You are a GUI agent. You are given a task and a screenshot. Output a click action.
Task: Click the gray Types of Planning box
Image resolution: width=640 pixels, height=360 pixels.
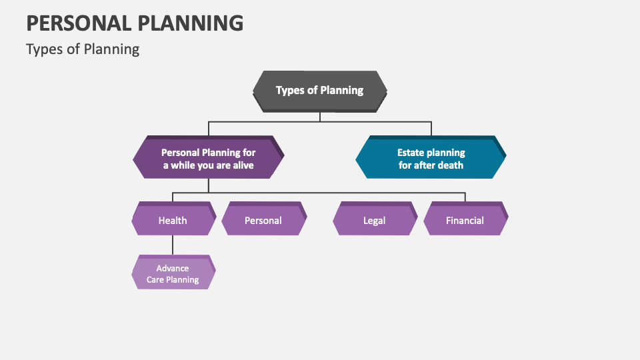tap(319, 91)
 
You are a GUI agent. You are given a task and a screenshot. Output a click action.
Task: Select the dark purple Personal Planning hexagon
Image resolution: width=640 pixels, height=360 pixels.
tap(208, 159)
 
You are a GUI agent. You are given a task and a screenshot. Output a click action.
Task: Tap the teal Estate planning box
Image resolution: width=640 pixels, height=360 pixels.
tap(431, 159)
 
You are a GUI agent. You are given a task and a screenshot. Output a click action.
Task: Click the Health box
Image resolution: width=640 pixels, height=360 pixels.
tap(173, 220)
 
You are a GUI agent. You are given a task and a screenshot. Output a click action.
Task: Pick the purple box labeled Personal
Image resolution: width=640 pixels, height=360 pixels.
tap(263, 220)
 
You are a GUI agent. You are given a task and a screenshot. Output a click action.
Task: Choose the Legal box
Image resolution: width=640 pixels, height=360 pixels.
tap(374, 220)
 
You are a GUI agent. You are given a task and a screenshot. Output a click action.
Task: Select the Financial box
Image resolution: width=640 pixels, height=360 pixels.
tap(465, 220)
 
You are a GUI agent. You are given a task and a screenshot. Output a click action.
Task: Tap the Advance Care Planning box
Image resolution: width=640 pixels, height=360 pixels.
tap(173, 273)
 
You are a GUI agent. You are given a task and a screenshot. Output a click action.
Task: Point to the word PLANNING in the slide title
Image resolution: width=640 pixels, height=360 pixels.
tap(191, 23)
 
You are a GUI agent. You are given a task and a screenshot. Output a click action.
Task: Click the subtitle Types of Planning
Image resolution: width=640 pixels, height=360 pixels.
tap(83, 49)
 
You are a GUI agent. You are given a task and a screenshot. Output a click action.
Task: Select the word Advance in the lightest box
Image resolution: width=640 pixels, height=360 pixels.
tap(173, 268)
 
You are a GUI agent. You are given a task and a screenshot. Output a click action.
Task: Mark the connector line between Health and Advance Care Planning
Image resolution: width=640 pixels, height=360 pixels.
tap(173, 245)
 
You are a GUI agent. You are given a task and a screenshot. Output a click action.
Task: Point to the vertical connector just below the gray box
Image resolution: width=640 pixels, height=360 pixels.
tap(320, 117)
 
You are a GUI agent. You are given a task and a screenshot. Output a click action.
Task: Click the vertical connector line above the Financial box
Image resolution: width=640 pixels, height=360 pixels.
tap(465, 197)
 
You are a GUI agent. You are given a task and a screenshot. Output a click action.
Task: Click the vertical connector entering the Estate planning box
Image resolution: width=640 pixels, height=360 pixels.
tap(431, 129)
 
